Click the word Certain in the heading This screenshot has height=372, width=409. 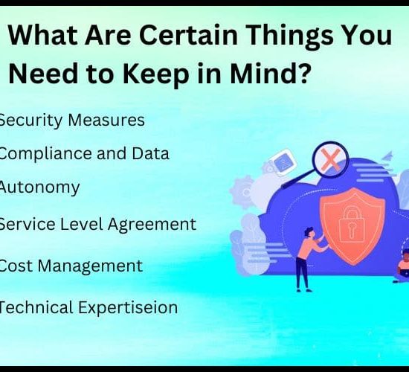(188, 35)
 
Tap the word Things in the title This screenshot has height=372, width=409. (289, 36)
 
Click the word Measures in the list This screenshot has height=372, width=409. (106, 121)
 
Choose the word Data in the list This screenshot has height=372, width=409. (150, 153)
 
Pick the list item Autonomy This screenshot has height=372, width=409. (39, 188)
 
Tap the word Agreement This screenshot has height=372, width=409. (152, 225)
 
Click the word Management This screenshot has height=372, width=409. (90, 267)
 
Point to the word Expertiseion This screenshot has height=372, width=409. (128, 308)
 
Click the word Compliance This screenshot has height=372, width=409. (45, 154)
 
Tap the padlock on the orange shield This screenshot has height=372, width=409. (351, 224)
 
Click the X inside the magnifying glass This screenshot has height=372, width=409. (331, 160)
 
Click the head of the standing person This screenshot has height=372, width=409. (309, 232)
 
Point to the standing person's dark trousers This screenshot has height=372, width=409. (303, 272)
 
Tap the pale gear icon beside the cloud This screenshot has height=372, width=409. (243, 192)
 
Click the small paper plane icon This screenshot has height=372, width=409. (387, 155)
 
